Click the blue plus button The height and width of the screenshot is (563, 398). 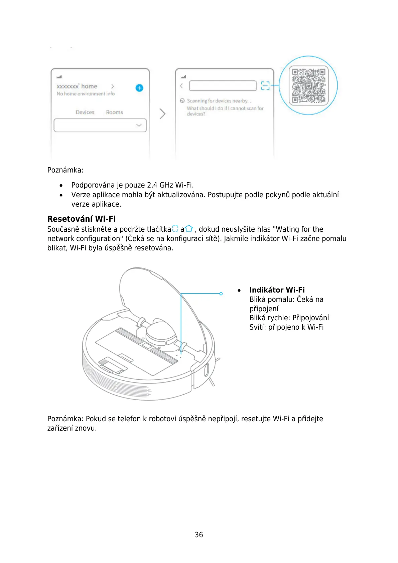click(x=139, y=88)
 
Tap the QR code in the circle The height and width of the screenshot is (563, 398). click(x=308, y=86)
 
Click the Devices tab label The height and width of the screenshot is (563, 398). click(x=85, y=112)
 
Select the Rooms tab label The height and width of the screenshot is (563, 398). click(x=114, y=112)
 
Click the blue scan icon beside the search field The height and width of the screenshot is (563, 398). click(x=265, y=86)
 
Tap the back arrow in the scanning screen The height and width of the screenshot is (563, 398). click(x=181, y=86)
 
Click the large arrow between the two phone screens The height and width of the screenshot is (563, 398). click(x=162, y=114)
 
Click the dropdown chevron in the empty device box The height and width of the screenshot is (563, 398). click(x=139, y=125)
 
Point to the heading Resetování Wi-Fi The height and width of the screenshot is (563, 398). click(x=82, y=219)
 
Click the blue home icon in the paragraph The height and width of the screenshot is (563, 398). click(x=189, y=229)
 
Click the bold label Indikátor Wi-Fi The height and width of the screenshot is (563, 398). click(x=277, y=290)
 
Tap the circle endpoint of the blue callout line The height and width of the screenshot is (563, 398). click(x=221, y=294)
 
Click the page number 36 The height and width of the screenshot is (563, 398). click(x=199, y=535)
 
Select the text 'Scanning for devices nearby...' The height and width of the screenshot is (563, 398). click(x=219, y=101)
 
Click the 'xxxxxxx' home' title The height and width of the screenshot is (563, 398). click(x=77, y=86)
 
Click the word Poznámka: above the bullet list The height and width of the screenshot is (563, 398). click(x=65, y=170)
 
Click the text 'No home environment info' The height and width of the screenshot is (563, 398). click(x=86, y=94)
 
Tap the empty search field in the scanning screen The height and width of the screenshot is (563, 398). click(x=223, y=86)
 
